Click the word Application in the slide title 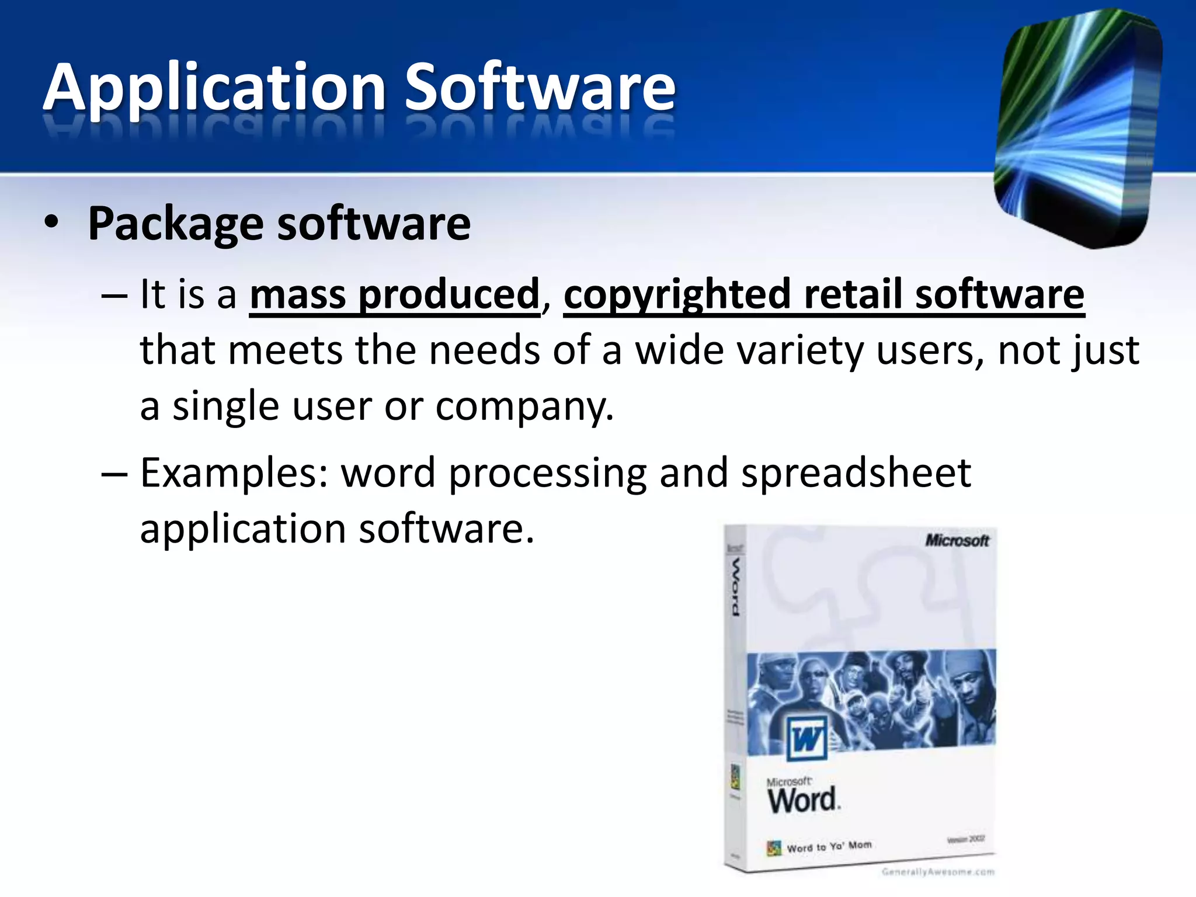pyautogui.click(x=214, y=88)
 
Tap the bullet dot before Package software pyautogui.click(x=51, y=223)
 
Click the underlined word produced pyautogui.click(x=448, y=294)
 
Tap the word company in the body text pyautogui.click(x=523, y=407)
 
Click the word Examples pyautogui.click(x=234, y=473)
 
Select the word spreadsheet pyautogui.click(x=856, y=473)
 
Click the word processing pyautogui.click(x=548, y=474)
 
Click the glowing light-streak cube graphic pyautogui.click(x=1077, y=128)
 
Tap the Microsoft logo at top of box pyautogui.click(x=957, y=541)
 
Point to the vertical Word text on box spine pyautogui.click(x=736, y=586)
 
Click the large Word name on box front pyautogui.click(x=802, y=800)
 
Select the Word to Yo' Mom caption pyautogui.click(x=829, y=847)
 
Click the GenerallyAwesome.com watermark pyautogui.click(x=938, y=872)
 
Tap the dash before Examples pyautogui.click(x=114, y=474)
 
